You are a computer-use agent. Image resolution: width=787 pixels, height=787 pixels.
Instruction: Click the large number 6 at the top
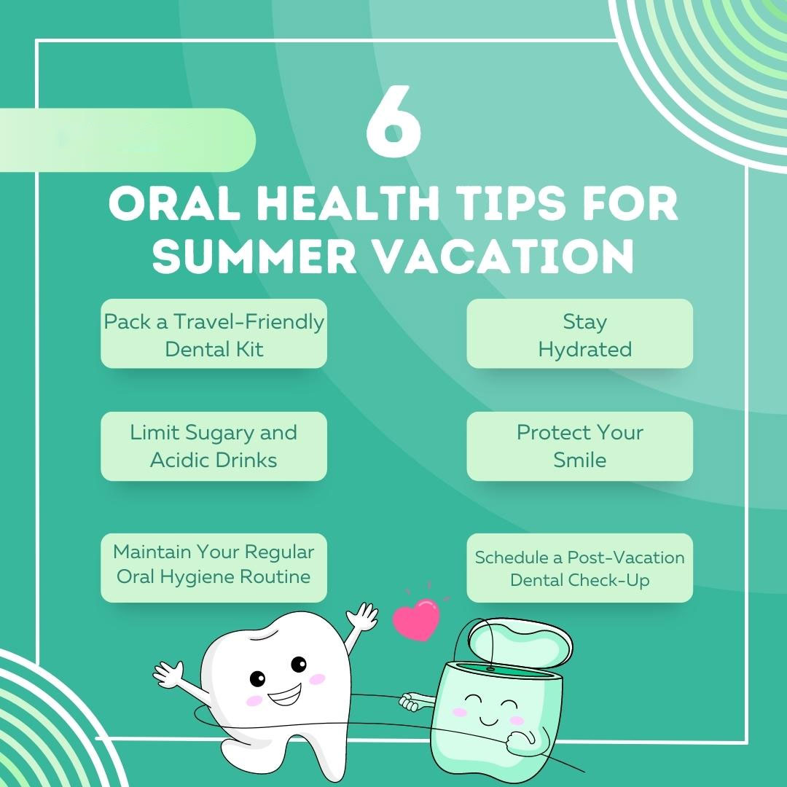point(393,121)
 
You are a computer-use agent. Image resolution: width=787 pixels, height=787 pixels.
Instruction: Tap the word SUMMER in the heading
point(254,256)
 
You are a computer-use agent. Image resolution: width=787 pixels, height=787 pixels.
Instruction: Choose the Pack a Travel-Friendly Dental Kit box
point(214,334)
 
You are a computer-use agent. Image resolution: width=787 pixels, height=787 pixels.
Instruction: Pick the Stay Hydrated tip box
point(580,334)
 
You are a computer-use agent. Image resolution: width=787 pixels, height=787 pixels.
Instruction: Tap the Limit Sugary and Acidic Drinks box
point(214,446)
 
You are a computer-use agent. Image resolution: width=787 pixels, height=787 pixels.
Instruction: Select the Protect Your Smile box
point(580,446)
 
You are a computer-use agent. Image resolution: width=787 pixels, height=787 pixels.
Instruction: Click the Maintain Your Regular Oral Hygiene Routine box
point(214,568)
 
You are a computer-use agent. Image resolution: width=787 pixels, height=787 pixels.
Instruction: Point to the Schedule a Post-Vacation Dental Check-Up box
point(580,568)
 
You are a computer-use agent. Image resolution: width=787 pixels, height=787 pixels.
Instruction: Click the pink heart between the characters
point(416,619)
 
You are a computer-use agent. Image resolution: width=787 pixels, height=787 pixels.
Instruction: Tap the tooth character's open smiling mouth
point(285,695)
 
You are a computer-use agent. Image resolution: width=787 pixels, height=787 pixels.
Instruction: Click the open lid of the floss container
point(520,643)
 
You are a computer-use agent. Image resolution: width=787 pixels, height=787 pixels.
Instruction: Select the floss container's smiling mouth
point(488,721)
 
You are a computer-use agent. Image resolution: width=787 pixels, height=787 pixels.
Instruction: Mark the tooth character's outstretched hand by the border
point(168,675)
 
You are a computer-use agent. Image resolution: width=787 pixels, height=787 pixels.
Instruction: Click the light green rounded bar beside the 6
point(128,140)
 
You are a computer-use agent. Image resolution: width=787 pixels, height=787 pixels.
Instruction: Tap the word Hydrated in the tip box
point(584,349)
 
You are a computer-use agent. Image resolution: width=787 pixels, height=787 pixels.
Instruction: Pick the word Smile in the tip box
point(580,460)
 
